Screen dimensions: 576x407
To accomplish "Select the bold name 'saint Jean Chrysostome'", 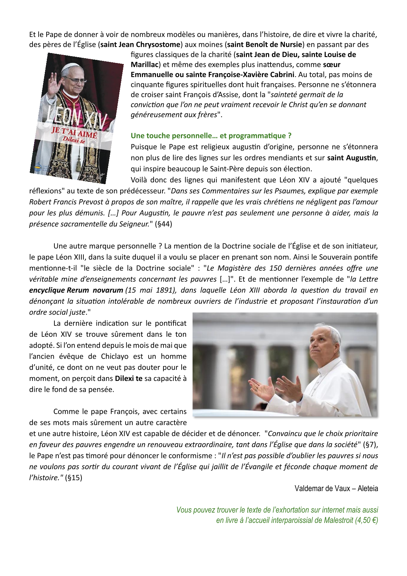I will [x=140, y=44].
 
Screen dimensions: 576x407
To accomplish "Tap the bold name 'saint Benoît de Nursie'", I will [x=265, y=44].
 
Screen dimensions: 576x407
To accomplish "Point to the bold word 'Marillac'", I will [x=144, y=65].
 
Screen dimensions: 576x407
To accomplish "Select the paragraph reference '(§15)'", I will [x=74, y=478].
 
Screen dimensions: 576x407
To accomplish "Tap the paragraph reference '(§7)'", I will [x=370, y=445].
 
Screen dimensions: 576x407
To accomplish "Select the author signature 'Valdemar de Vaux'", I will [x=323, y=488].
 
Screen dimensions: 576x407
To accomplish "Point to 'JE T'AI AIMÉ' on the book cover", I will [x=74, y=133].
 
